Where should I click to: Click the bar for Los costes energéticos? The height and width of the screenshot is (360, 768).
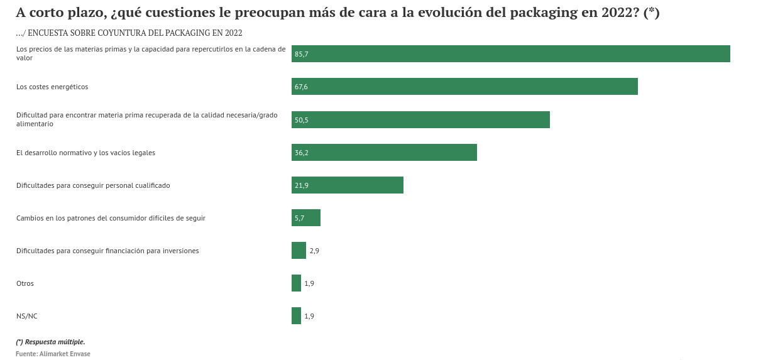[464, 87]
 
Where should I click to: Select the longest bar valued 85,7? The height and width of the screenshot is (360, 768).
[510, 54]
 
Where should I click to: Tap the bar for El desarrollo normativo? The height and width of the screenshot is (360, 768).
[384, 153]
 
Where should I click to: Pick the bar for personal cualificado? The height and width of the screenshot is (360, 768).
[348, 185]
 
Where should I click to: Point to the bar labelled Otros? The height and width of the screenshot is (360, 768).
[296, 283]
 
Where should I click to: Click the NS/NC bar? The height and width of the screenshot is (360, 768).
[296, 316]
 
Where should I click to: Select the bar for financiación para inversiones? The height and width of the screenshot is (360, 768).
[299, 251]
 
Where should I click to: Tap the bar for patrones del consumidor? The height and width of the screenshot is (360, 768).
[306, 218]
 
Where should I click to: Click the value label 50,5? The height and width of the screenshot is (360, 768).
[302, 120]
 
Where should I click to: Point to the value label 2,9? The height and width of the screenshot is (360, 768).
[314, 251]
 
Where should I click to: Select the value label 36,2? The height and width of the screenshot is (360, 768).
[302, 153]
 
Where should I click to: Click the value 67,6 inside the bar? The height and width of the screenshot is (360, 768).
[302, 87]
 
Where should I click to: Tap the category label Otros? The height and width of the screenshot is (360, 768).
[25, 283]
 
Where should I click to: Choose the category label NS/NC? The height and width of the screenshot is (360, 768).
[27, 316]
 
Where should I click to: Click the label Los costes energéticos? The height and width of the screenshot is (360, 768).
[52, 87]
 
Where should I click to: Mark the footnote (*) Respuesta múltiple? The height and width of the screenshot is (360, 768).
[50, 342]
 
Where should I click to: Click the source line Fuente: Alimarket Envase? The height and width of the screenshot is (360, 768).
[53, 354]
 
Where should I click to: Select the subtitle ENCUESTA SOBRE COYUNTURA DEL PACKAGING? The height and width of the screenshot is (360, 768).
[129, 33]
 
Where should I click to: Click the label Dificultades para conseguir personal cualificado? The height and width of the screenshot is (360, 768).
[93, 185]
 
